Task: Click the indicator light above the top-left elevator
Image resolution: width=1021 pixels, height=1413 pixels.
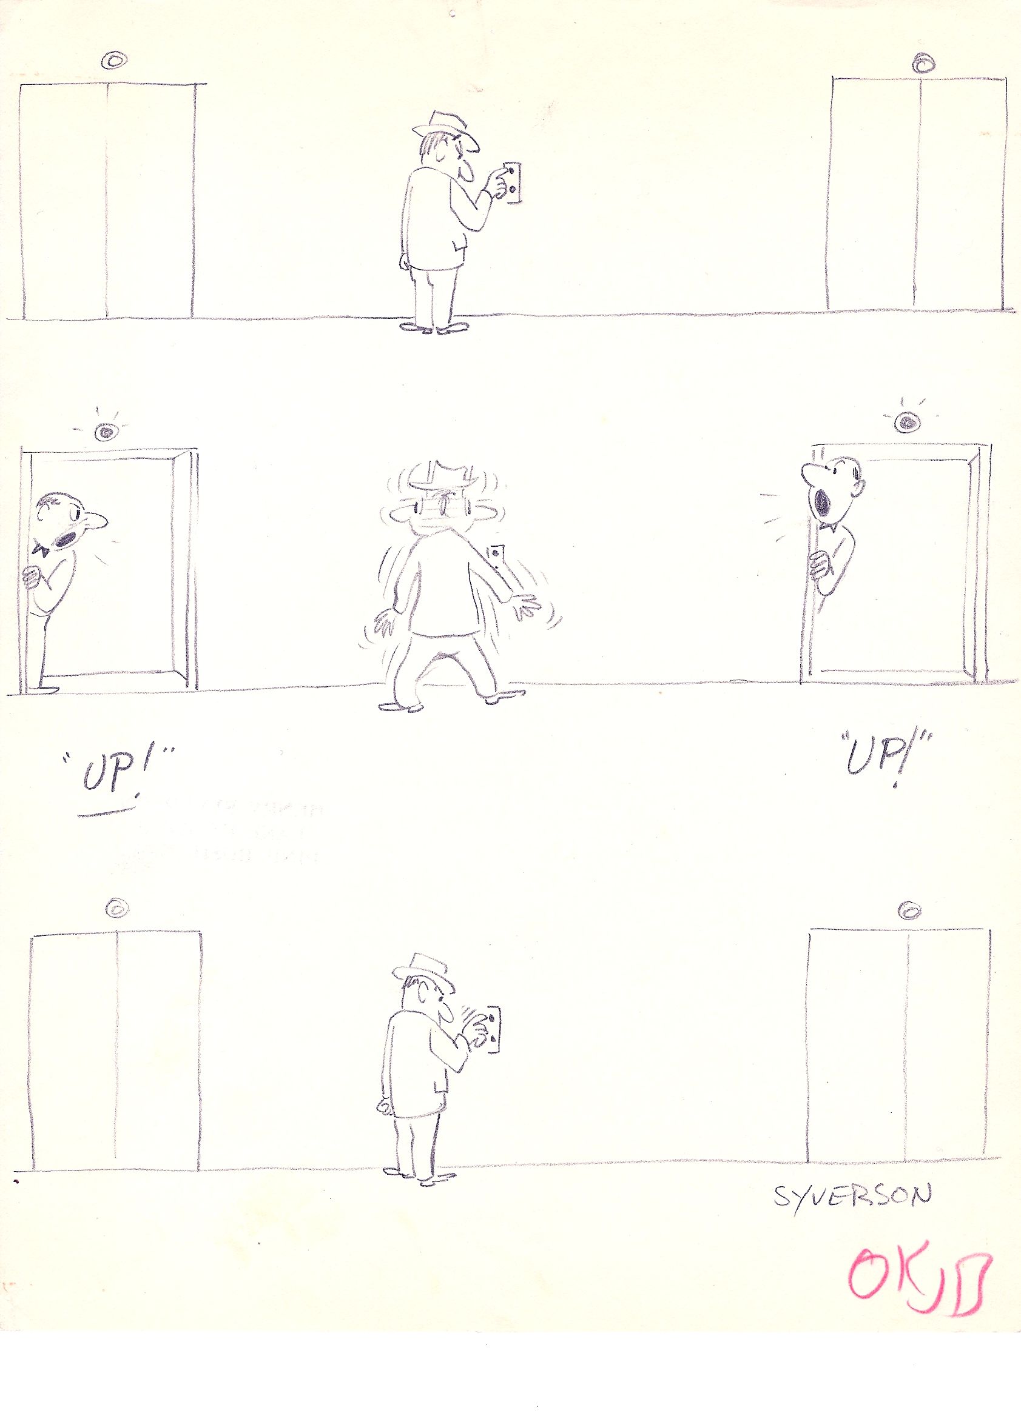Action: [115, 61]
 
